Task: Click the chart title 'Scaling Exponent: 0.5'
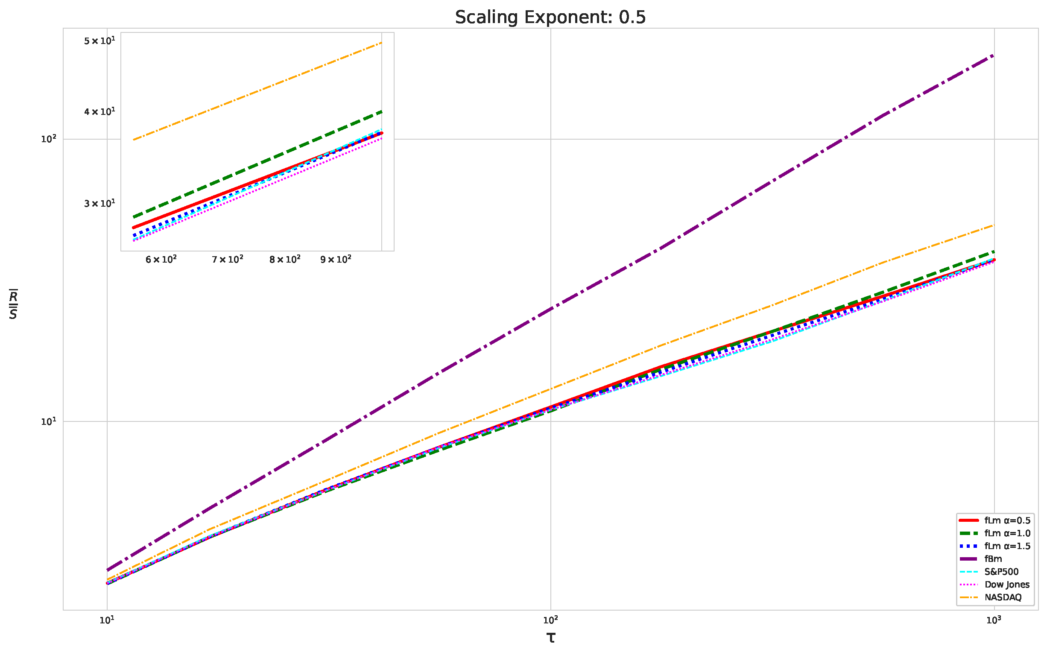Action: (x=550, y=18)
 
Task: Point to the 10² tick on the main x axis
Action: (x=550, y=620)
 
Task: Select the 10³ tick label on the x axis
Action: (x=994, y=620)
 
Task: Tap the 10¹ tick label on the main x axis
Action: (x=107, y=620)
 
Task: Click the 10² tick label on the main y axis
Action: (x=49, y=139)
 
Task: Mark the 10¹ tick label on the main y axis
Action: (x=49, y=421)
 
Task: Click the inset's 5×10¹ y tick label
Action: (x=99, y=41)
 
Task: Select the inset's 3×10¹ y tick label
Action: (x=99, y=204)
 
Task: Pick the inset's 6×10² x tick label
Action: (x=161, y=260)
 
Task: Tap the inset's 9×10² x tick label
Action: (x=336, y=260)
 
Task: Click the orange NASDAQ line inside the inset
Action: (x=257, y=91)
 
